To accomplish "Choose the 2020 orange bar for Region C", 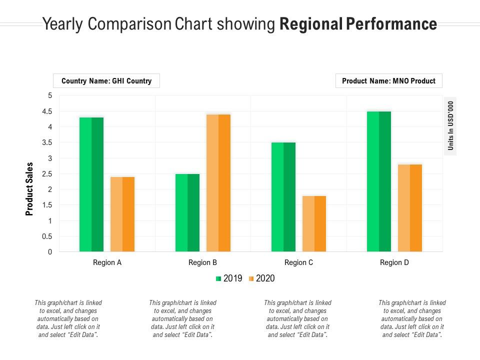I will point(314,223).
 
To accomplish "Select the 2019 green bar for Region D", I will point(379,181).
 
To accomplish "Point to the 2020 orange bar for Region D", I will point(410,207).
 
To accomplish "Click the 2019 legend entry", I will point(229,278).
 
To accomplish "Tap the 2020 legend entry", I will point(261,278).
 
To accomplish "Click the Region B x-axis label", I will point(202,262).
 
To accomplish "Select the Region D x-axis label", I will point(394,262).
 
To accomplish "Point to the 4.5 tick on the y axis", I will point(46,111).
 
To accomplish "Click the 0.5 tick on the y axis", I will point(46,236).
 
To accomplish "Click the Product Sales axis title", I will point(29,189).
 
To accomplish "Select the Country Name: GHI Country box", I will point(106,80).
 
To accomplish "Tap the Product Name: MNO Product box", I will point(388,80).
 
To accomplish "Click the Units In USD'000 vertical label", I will point(450,126).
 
